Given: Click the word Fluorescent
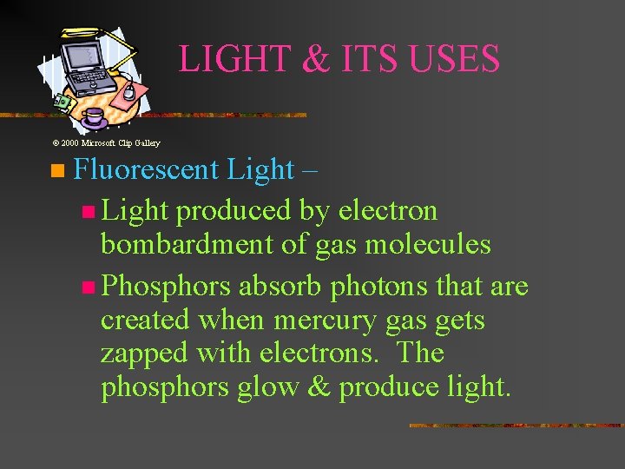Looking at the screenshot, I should [x=146, y=169].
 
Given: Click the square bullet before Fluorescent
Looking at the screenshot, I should [x=57, y=170].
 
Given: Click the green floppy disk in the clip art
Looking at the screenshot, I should [x=61, y=102].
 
